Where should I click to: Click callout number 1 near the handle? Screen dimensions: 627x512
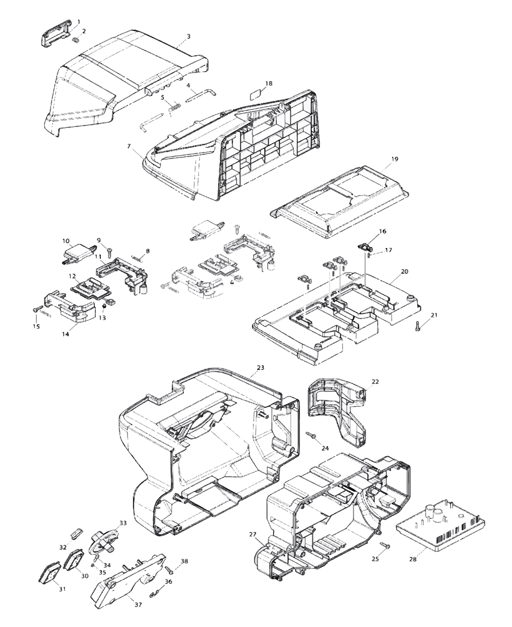[x=78, y=21]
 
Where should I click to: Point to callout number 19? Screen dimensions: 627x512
[x=394, y=159]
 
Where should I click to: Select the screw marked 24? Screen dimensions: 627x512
[x=311, y=435]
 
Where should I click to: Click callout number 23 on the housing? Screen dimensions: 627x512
[x=260, y=367]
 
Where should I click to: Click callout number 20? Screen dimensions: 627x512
[x=404, y=272]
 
